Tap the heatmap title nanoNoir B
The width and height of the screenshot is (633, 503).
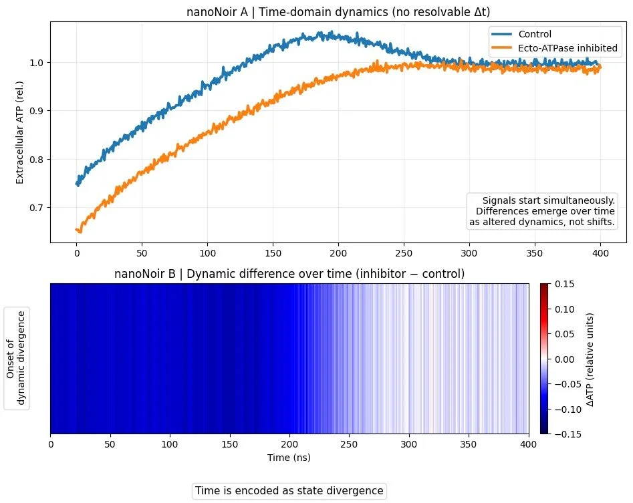(x=289, y=274)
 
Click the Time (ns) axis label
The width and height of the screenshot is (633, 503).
(x=289, y=458)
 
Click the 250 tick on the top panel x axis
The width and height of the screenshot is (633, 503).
(x=404, y=255)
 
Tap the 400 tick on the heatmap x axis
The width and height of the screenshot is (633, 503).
(x=528, y=445)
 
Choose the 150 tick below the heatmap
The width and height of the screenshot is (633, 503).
(x=229, y=445)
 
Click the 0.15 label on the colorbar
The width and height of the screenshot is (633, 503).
(x=565, y=284)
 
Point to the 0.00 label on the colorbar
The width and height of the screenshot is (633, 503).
(x=565, y=359)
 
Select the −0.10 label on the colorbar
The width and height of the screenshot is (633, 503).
(x=563, y=409)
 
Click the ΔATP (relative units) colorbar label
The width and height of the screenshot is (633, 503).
(x=590, y=359)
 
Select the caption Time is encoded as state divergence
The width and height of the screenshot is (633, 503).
(x=289, y=491)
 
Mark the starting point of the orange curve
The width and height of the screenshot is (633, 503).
(x=77, y=230)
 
